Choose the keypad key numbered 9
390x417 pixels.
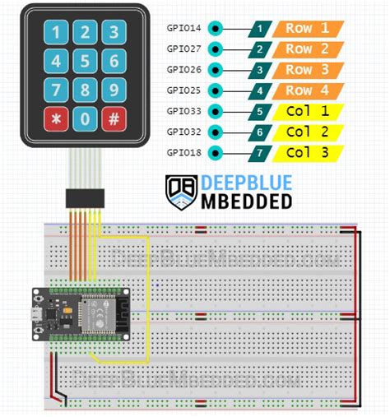click(114, 90)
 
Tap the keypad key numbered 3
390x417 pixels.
click(114, 34)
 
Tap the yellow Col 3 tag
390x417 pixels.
click(309, 152)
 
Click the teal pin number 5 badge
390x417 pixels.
click(260, 111)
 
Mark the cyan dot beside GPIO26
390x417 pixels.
click(216, 69)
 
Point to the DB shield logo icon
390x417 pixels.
click(180, 191)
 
